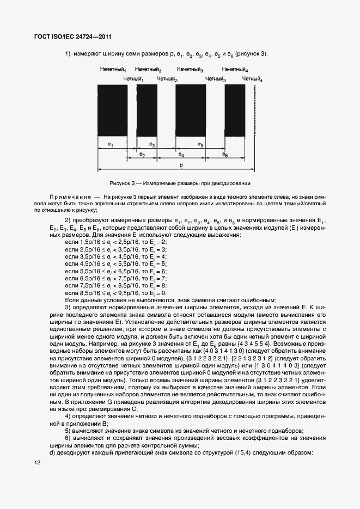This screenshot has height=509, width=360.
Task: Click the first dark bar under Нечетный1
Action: [112, 111]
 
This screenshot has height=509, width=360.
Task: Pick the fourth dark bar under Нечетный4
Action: [235, 111]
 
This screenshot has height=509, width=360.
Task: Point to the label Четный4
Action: [252, 79]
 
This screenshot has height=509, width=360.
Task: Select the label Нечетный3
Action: [190, 70]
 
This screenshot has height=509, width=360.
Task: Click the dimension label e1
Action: [111, 144]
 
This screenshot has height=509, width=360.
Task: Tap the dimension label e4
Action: [181, 155]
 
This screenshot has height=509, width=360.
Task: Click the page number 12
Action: [37, 463]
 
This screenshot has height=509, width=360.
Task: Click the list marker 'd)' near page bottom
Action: [52, 452]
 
